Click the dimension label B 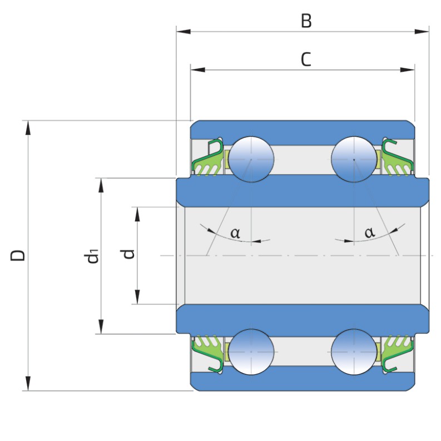click(306, 21)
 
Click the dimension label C click(306, 59)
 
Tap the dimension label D click(18, 255)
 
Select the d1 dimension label click(92, 256)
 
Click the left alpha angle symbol click(235, 232)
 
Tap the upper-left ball click(252, 158)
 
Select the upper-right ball click(354, 158)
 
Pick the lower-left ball click(252, 351)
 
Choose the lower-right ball click(354, 351)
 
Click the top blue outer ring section click(303, 129)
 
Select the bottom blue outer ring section click(303, 381)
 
